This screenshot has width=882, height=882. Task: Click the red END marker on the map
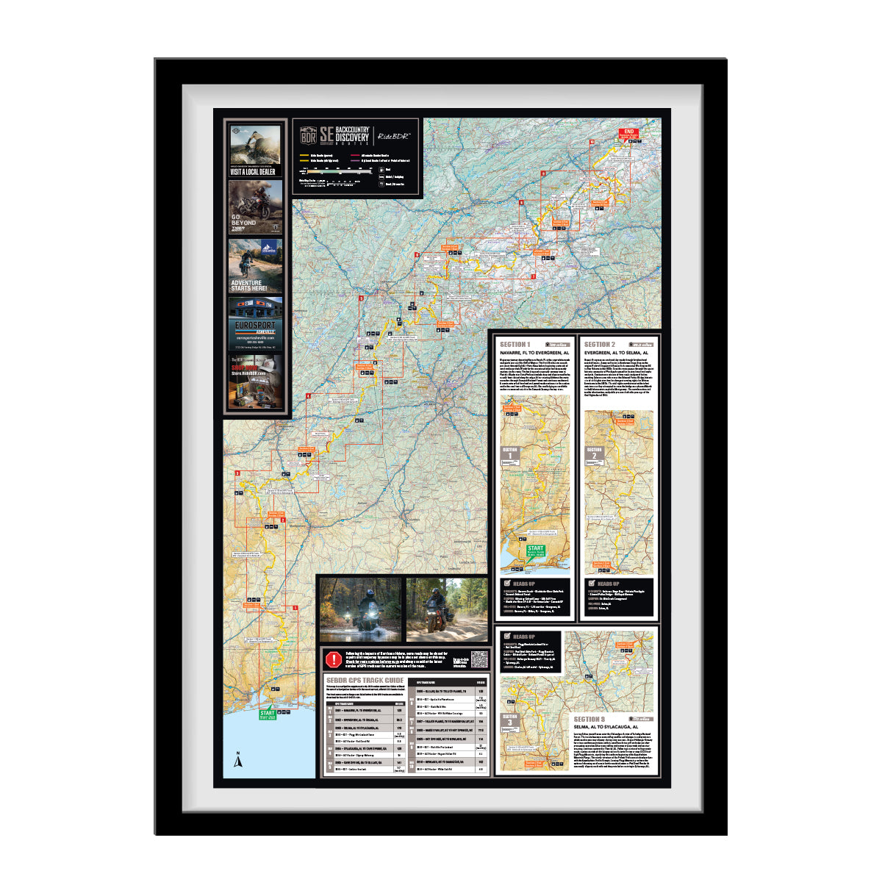[x=628, y=133]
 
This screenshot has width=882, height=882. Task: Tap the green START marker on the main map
[x=267, y=714]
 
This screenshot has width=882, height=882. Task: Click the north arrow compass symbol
[x=237, y=761]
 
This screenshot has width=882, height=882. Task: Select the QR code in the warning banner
[x=479, y=659]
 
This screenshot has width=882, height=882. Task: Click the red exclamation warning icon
[x=334, y=659]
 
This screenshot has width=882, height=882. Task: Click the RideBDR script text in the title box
[x=394, y=136]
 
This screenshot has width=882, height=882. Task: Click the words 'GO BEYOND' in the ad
[x=244, y=220]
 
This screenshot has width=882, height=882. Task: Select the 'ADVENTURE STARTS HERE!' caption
[x=249, y=285]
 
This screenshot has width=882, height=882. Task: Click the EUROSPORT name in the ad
[x=255, y=325]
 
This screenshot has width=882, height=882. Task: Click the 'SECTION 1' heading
[x=514, y=344]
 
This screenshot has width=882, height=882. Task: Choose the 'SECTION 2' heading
[x=599, y=344]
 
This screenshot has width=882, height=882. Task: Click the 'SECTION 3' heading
[x=589, y=719]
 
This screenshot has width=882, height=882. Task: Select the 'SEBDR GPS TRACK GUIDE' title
[x=365, y=681]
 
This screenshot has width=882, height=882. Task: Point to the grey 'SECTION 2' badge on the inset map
[x=594, y=454]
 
